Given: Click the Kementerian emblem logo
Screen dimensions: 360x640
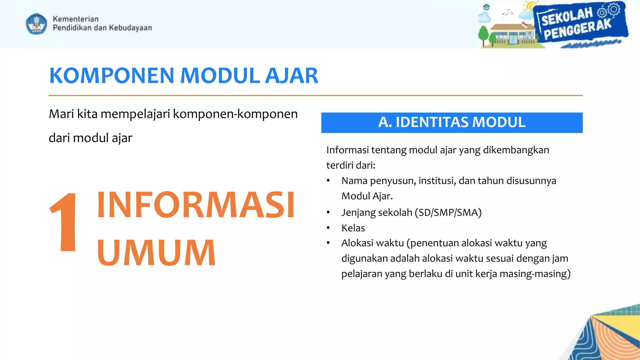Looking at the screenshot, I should tap(36, 24).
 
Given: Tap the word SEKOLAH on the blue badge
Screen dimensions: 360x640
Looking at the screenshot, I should tap(567, 17).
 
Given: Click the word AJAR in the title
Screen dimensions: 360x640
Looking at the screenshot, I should tap(291, 76).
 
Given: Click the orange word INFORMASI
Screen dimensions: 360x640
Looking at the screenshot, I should tap(196, 205).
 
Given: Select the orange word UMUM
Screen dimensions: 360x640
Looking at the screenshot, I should tap(156, 252).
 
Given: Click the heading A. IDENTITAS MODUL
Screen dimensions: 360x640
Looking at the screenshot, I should tap(452, 122).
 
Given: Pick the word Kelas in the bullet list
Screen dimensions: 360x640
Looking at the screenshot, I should tap(353, 228).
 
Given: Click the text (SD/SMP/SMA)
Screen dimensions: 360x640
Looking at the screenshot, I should tap(448, 212).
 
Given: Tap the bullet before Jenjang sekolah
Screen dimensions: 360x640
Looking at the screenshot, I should tap(328, 212).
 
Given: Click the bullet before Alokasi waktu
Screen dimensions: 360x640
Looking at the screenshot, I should tap(328, 243).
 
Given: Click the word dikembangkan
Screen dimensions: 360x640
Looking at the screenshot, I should tap(516, 150).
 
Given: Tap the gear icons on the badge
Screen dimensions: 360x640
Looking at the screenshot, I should tap(609, 11).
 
